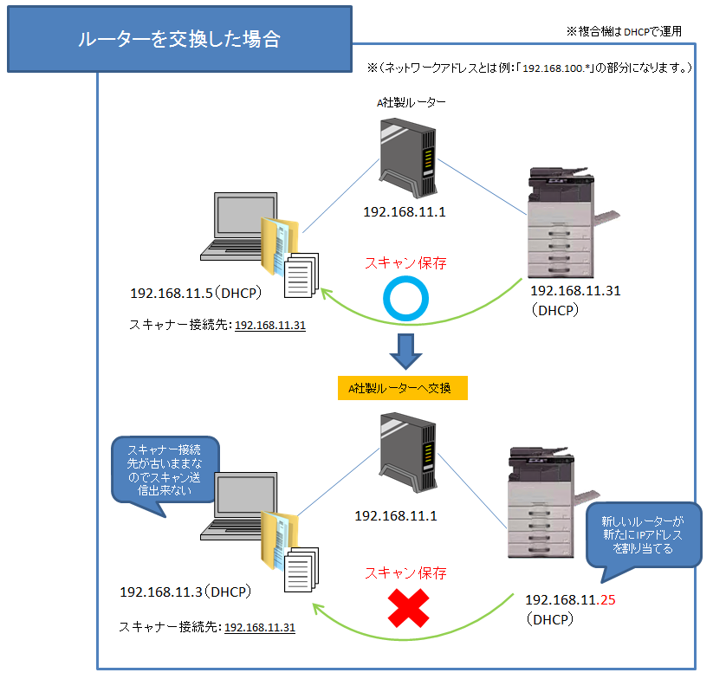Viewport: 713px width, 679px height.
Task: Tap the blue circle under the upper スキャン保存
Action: click(405, 300)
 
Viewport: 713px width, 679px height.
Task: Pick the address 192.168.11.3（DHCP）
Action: click(185, 592)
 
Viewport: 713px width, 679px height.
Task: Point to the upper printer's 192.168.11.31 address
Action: click(575, 291)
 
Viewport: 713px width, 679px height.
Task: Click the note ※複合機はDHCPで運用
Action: click(624, 30)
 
